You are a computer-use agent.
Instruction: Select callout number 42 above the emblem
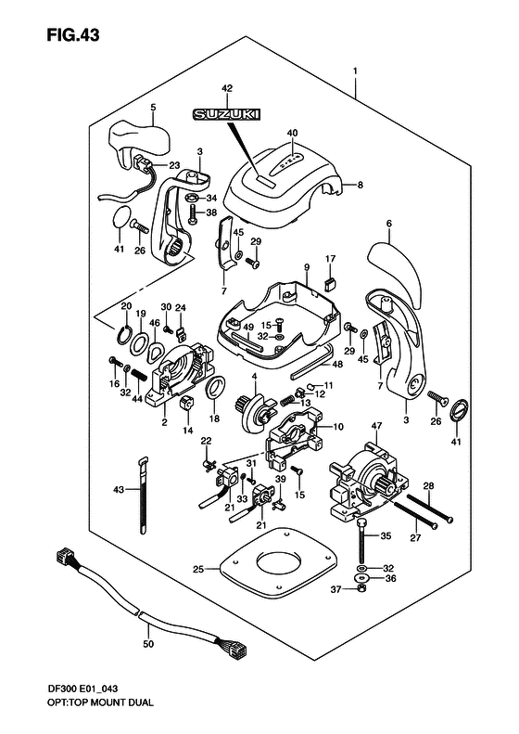226,88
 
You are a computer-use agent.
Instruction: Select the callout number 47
376,426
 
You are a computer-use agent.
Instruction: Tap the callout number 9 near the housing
305,269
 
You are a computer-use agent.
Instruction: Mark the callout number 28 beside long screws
429,485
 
